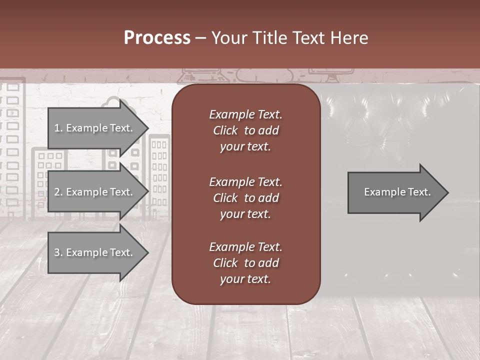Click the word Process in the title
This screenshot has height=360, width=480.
click(x=157, y=38)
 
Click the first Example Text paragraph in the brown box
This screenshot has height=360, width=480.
click(x=245, y=130)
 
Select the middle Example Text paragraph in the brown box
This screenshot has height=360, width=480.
click(x=245, y=197)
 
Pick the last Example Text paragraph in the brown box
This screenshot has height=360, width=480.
click(x=245, y=262)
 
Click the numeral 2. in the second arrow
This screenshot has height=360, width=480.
click(x=58, y=192)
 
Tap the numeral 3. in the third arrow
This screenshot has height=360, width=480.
click(x=58, y=252)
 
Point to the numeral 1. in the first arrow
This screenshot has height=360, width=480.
click(x=58, y=128)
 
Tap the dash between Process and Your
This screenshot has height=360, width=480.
click(x=201, y=38)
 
